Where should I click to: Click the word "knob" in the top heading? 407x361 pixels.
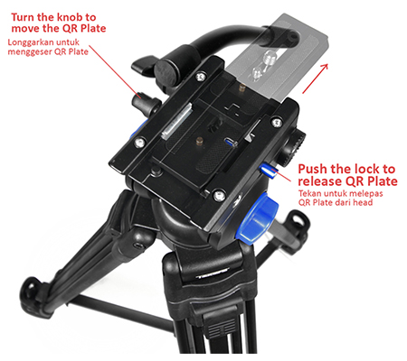coord(71,17)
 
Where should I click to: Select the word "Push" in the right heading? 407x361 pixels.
coord(313,169)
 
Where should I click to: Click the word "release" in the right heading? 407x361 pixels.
coord(320,181)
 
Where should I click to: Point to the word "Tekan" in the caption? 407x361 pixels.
coord(309,193)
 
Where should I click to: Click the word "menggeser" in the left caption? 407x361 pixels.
coord(26,51)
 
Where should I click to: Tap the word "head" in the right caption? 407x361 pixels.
coord(363,202)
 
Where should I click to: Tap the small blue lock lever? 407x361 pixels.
coord(268,171)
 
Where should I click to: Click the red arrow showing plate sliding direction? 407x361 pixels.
coord(315,79)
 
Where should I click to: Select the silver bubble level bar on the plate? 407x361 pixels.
coord(177,121)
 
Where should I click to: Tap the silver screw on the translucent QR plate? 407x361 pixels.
coord(269,59)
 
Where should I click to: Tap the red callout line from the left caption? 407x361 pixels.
coord(115,71)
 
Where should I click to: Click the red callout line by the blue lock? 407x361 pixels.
coord(282,176)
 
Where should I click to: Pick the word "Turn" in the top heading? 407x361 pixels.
coord(24,17)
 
